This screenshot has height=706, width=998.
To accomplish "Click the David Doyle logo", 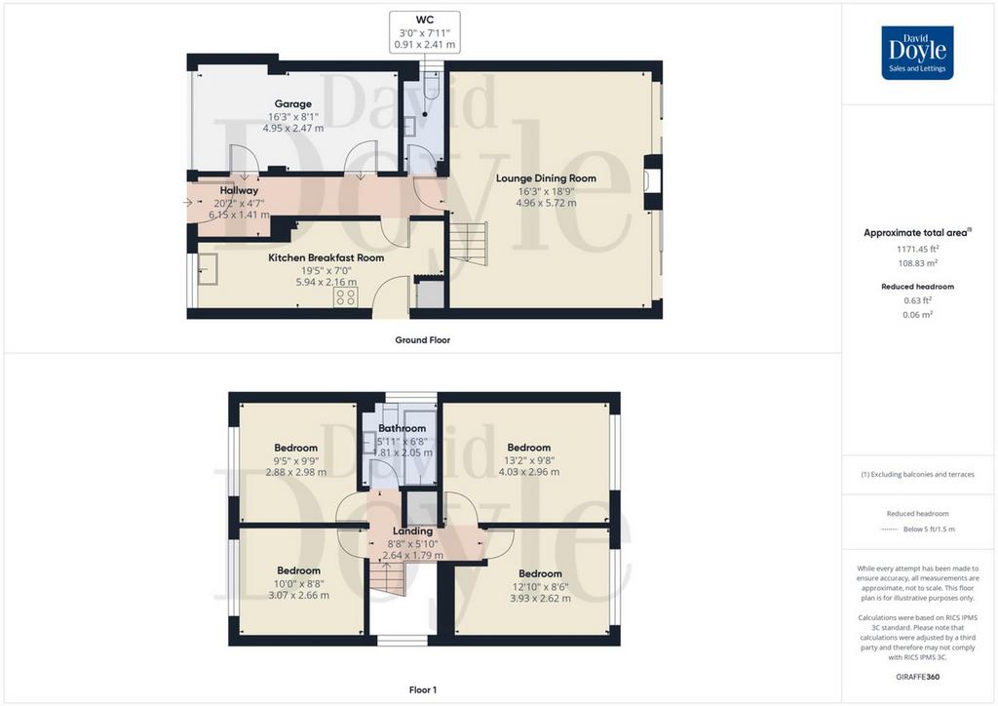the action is pyautogui.click(x=917, y=53).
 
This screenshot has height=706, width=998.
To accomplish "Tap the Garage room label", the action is pyautogui.click(x=292, y=103).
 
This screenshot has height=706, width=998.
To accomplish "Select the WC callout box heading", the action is pyautogui.click(x=425, y=20).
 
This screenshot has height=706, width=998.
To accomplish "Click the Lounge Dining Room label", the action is pyautogui.click(x=546, y=178).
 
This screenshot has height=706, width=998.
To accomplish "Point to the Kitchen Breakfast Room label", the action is pyautogui.click(x=326, y=257).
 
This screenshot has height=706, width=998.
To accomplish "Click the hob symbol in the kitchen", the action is pyautogui.click(x=346, y=296).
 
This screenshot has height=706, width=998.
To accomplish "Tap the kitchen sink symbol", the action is pyautogui.click(x=208, y=269).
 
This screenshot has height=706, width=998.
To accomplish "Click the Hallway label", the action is pyautogui.click(x=240, y=190).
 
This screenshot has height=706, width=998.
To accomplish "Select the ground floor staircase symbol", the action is pyautogui.click(x=469, y=243).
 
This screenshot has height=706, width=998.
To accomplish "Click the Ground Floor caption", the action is pyautogui.click(x=423, y=340).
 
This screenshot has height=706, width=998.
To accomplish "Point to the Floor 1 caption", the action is pyautogui.click(x=423, y=689).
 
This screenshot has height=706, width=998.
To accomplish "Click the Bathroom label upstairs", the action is pyautogui.click(x=403, y=428).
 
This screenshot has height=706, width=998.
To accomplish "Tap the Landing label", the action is pyautogui.click(x=412, y=530).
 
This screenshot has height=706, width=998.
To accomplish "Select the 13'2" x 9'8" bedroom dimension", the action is pyautogui.click(x=529, y=460).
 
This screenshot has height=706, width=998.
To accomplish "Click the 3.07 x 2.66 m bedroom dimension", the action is pyautogui.click(x=298, y=595).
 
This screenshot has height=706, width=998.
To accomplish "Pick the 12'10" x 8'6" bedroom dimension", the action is pyautogui.click(x=540, y=586).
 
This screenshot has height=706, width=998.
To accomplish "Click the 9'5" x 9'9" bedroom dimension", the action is pyautogui.click(x=296, y=460).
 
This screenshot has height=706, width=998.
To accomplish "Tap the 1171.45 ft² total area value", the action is pyautogui.click(x=918, y=250).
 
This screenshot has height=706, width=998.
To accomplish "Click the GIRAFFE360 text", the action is pyautogui.click(x=917, y=677).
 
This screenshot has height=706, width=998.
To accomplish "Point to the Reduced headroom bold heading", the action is pyautogui.click(x=917, y=287).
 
